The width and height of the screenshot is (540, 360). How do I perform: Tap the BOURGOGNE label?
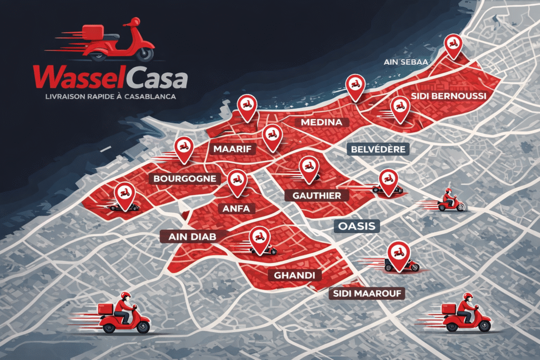[185, 179]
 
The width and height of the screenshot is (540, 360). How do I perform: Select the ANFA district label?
[236, 209]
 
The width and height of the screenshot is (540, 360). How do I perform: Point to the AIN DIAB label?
[189, 236]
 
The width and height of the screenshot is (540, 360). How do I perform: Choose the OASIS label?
[357, 227]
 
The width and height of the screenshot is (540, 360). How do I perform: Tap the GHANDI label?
[295, 275]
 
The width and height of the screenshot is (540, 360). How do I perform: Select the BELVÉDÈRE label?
[378, 149]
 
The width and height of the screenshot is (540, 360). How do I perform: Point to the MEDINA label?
[318, 122]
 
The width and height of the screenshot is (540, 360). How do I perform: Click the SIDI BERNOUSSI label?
[448, 96]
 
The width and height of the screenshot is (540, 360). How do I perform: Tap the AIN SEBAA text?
[405, 62]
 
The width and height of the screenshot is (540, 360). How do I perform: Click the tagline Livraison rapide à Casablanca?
[103, 98]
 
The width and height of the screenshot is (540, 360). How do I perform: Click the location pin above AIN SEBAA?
[453, 45]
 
